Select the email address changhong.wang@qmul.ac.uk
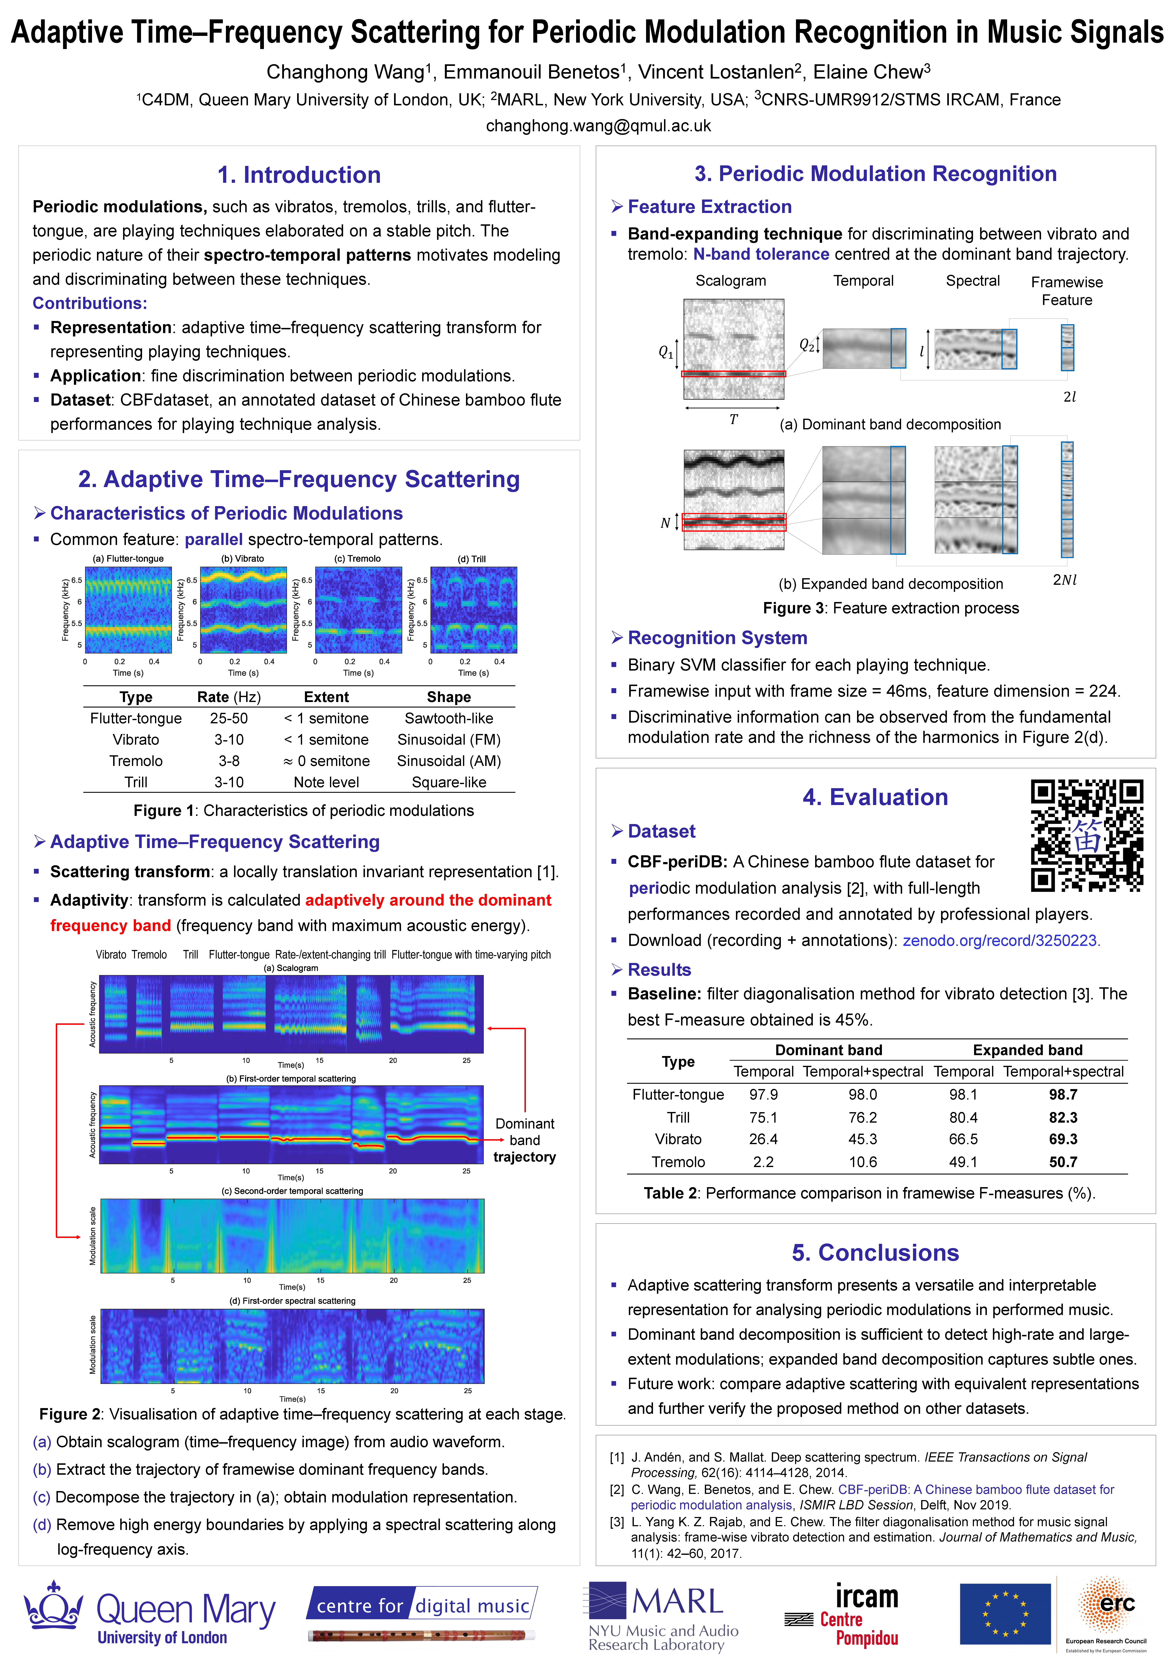tap(598, 126)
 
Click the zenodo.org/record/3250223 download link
tap(1001, 940)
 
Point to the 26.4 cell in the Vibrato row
tap(763, 1139)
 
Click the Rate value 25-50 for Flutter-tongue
tap(229, 719)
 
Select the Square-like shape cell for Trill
tap(449, 782)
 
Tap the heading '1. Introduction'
tap(299, 175)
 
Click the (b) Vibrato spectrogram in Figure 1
tap(243, 610)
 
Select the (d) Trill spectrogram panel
tap(474, 610)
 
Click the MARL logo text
tap(677, 1601)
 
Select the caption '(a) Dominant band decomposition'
tap(890, 424)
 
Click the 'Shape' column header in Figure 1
tap(449, 697)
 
